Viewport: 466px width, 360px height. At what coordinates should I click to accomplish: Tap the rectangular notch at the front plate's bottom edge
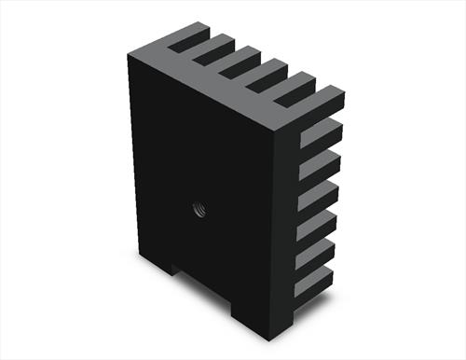pos(204,289)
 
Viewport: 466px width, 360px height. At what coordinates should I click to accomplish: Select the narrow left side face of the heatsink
pos(136,159)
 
